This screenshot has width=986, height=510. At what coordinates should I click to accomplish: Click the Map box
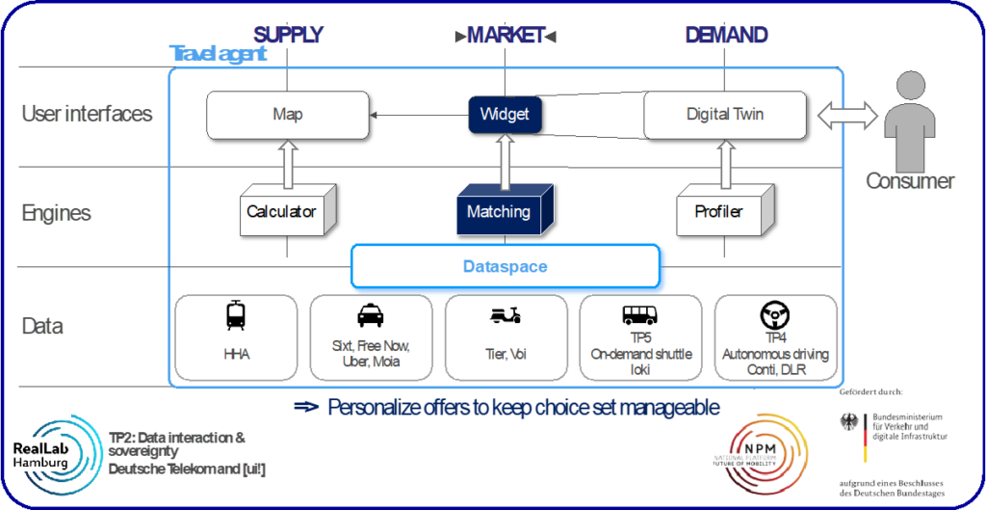288,115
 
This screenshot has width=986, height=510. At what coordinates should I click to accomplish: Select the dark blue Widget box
505,115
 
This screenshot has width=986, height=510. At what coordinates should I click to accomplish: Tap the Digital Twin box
725,115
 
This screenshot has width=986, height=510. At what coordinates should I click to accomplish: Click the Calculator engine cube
281,211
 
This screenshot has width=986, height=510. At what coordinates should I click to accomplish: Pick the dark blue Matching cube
499,211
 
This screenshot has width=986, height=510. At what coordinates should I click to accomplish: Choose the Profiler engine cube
718,210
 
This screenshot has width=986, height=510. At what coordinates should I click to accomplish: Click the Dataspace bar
505,267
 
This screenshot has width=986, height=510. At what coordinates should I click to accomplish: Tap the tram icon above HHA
236,315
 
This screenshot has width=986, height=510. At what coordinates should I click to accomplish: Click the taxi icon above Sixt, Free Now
369,315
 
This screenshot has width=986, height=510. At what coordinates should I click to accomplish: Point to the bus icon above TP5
640,315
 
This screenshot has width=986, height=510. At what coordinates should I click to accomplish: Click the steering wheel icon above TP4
775,314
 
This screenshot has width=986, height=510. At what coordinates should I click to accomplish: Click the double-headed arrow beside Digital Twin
848,116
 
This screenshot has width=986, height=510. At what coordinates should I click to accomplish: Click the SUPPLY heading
288,36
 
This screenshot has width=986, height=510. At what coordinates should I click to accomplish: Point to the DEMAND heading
726,36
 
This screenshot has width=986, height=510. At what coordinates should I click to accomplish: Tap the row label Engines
57,212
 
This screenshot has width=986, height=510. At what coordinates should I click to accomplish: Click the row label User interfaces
87,114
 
